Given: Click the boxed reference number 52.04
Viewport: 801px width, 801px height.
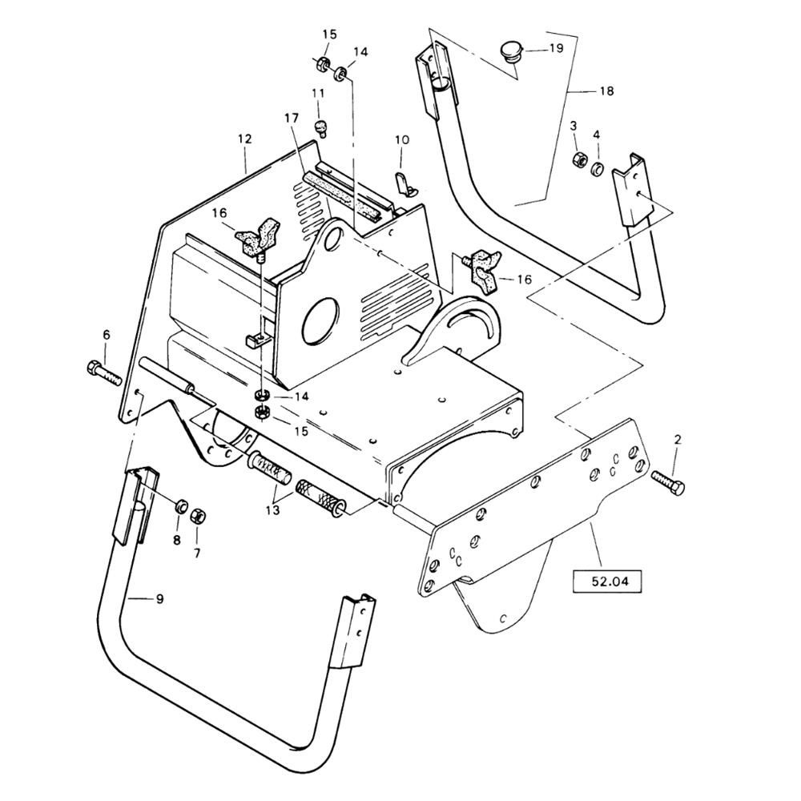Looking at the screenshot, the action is point(607,581).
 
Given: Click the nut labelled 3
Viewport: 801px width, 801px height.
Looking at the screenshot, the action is point(578,159).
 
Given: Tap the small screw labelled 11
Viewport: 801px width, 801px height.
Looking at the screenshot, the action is point(320,127).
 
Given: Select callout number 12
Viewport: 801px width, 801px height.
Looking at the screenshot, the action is point(244,139).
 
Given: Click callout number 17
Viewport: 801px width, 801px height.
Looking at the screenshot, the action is point(292,119).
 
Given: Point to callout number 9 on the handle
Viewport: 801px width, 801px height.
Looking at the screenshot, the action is point(159,598).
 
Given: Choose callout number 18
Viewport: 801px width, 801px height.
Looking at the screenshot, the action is point(606,91).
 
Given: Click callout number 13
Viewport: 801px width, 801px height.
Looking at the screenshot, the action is point(273,509).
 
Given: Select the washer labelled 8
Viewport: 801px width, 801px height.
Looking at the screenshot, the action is point(180,507).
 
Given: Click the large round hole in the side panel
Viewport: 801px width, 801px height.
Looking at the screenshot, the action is point(321,321).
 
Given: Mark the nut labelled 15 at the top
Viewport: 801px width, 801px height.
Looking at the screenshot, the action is point(321,65).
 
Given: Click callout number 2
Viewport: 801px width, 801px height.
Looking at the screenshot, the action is point(678,439).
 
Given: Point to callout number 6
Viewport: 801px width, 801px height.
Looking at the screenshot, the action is point(107,335).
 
